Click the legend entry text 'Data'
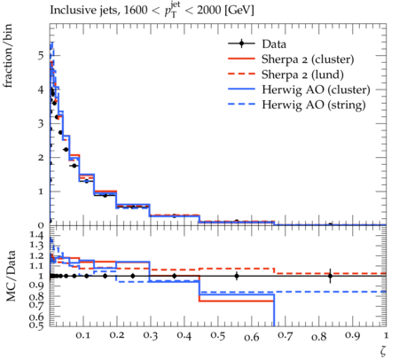coord(274,44)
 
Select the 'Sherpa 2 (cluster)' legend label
coord(308,59)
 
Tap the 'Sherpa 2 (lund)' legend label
coord(302,74)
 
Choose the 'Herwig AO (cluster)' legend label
coord(316,90)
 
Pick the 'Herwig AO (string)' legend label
coord(314,105)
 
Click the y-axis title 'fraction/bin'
coord(8,56)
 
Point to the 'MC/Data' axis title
coord(11,276)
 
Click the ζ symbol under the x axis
coord(383,350)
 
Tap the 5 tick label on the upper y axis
coord(41,56)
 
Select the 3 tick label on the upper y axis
coord(41,123)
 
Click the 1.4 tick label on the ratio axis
coord(36,236)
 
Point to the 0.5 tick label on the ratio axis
coord(36,325)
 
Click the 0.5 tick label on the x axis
coord(218,336)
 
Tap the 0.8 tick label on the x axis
coord(319,337)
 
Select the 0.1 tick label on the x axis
coord(83,336)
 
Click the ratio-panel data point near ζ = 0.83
coord(330,276)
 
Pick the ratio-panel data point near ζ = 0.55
coord(237,276)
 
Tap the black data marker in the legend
coord(241,43)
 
